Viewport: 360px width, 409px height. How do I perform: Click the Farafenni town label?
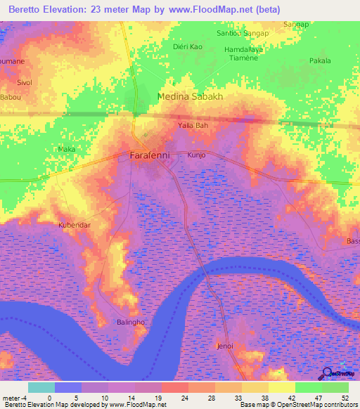[x=149, y=155]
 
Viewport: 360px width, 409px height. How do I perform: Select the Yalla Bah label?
[x=193, y=126]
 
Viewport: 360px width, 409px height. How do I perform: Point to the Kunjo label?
[x=195, y=155]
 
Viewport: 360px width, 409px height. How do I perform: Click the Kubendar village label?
[x=74, y=225]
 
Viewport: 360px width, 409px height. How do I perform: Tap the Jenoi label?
[x=225, y=346]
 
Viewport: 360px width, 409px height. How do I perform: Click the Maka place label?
[x=66, y=149]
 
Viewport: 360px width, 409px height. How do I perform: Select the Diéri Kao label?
[x=187, y=46]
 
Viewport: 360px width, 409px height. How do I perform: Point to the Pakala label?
[x=320, y=61]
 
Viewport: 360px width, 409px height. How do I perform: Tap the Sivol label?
[x=25, y=82]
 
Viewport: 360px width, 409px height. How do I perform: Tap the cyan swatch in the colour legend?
[x=41, y=387]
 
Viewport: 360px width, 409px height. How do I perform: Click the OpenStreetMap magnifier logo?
[x=328, y=374]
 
